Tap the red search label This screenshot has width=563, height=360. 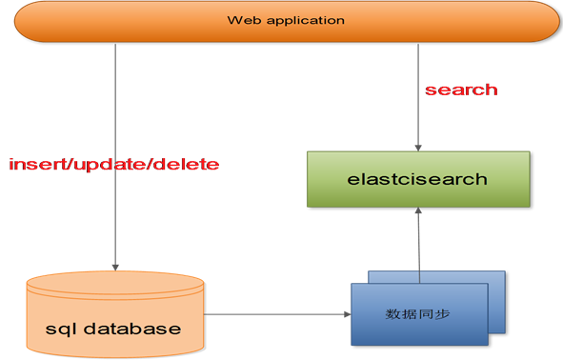click(x=460, y=90)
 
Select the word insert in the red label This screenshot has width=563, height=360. click(x=35, y=165)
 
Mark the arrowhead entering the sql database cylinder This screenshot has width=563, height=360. click(x=116, y=266)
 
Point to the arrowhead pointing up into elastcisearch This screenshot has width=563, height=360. click(x=418, y=215)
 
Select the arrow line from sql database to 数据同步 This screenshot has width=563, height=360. click(x=276, y=313)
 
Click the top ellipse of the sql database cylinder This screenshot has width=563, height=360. click(x=116, y=284)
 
